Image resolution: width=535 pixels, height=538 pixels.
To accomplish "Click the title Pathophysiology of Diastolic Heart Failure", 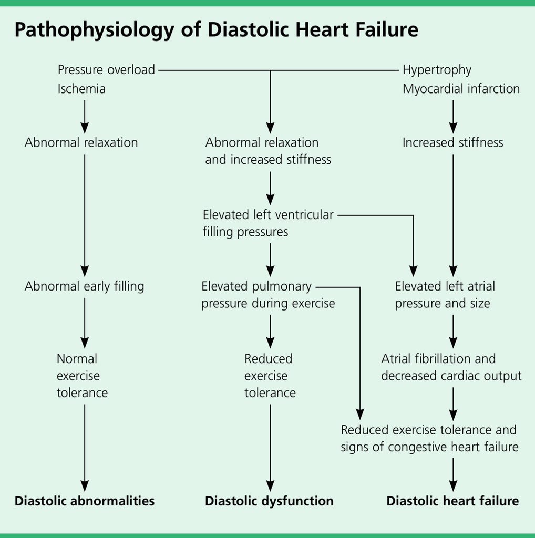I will click(216, 30).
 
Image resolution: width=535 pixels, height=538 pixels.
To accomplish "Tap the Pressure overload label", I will click(106, 69).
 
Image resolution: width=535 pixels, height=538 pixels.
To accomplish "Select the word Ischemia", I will click(81, 89).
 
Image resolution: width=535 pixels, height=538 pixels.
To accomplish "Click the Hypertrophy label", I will click(437, 69).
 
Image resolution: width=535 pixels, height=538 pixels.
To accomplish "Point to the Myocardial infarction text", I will click(461, 89).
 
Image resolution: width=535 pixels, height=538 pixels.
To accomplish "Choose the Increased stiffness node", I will click(452, 142).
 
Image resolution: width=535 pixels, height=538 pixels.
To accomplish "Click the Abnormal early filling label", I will click(84, 286).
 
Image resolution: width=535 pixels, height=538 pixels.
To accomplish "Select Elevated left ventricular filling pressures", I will click(268, 223).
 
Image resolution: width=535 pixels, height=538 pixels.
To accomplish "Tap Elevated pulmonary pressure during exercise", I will click(268, 295).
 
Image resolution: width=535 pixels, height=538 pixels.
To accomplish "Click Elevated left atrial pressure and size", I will click(445, 295).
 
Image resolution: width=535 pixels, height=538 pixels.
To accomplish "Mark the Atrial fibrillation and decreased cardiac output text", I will click(451, 367).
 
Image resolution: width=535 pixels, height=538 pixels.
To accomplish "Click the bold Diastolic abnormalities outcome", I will click(84, 501).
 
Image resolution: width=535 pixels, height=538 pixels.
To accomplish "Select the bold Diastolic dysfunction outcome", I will click(269, 501).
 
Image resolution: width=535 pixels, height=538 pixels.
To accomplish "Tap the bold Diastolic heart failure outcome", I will click(452, 501).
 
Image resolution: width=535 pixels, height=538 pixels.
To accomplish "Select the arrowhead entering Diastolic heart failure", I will click(453, 485).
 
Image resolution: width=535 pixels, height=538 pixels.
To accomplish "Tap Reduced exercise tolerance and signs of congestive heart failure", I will click(429, 438).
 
